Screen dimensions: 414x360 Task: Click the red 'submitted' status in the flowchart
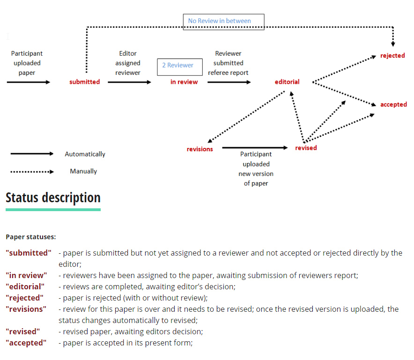[84, 82]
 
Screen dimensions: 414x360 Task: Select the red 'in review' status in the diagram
[184, 82]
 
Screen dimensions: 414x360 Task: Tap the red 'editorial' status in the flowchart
[287, 82]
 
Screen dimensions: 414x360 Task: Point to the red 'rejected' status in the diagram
[392, 55]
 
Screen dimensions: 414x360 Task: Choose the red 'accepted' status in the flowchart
[393, 104]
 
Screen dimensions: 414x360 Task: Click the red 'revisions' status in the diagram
[200, 149]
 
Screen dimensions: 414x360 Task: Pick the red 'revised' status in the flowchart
[306, 148]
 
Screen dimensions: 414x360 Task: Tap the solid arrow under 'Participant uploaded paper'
[29, 82]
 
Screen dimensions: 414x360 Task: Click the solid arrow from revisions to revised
[255, 148]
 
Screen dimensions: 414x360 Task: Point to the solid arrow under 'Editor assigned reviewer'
[129, 82]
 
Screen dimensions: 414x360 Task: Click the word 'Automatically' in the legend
[85, 154]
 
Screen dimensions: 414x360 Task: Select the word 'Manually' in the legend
[83, 171]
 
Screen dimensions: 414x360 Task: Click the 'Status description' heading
[53, 198]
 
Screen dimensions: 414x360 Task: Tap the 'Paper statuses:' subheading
[31, 237]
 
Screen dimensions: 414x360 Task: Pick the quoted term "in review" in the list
[26, 275]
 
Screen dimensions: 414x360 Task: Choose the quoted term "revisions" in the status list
[26, 309]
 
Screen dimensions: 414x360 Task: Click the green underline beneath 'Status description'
[53, 210]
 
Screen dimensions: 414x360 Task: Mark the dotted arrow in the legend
[32, 172]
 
